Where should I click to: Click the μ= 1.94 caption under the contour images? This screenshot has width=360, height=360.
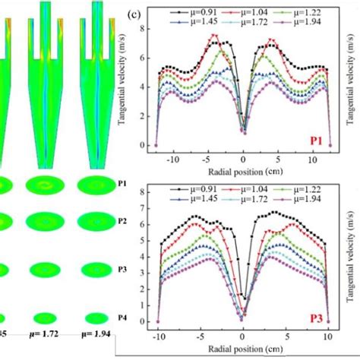97,353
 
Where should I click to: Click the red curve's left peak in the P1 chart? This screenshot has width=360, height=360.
215,35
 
